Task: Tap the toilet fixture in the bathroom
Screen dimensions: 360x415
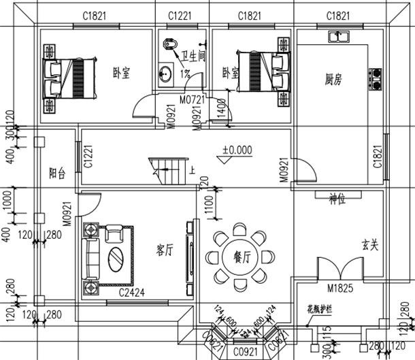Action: point(169,45)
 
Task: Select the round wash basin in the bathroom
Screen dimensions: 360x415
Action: point(165,73)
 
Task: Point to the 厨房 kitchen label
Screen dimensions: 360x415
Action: point(333,80)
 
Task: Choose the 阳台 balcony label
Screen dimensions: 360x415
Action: point(57,174)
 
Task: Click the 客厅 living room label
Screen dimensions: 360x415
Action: point(164,250)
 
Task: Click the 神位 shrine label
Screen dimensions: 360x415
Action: point(338,199)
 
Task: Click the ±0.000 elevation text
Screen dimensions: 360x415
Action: point(237,149)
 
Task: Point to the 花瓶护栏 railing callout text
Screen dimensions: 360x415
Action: point(317,308)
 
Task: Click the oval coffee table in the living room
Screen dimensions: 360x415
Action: point(116,259)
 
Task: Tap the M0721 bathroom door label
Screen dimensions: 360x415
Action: point(192,100)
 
